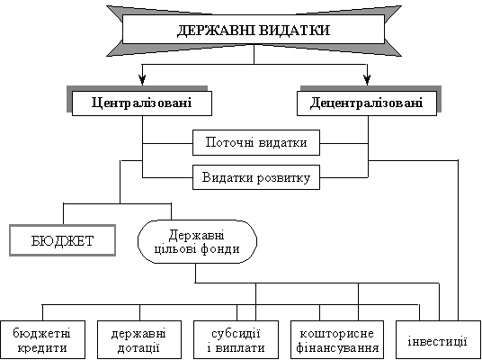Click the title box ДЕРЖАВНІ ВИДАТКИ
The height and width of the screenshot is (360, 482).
[254, 29]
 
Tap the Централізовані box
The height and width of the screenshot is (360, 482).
[142, 103]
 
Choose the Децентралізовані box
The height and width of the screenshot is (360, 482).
[367, 103]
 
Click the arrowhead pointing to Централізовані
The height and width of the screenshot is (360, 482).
[142, 79]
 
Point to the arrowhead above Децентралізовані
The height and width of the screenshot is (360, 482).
[367, 79]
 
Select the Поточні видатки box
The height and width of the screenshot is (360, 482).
[256, 143]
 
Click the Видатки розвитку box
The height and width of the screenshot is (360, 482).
[256, 177]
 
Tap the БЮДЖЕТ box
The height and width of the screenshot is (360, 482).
[62, 240]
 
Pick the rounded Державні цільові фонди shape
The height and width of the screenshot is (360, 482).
[197, 241]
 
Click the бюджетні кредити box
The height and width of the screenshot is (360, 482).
[42, 339]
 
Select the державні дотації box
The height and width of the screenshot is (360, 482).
[139, 339]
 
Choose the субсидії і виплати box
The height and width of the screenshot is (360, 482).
[237, 339]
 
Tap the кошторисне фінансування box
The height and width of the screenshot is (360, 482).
[337, 339]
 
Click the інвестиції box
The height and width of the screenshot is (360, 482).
[438, 339]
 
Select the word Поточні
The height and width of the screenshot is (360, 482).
[228, 143]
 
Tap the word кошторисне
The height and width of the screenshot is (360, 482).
[336, 334]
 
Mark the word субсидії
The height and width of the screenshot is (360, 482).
[237, 334]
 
